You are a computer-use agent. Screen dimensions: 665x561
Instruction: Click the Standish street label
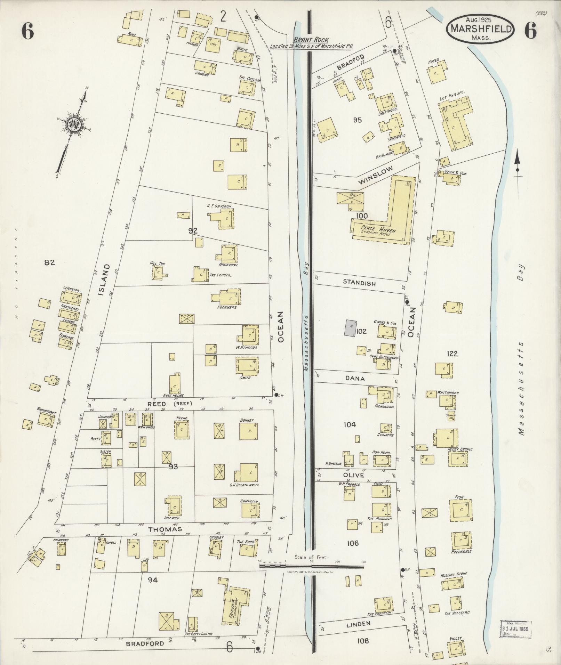(x=359, y=283)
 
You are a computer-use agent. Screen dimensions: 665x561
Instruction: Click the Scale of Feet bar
(x=312, y=566)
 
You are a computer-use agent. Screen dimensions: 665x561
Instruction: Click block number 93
(x=173, y=467)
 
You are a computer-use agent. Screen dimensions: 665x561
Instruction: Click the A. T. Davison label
(x=219, y=206)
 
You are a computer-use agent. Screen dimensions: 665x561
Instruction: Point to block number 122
(x=452, y=354)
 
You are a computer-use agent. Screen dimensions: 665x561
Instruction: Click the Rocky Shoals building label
(x=460, y=449)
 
